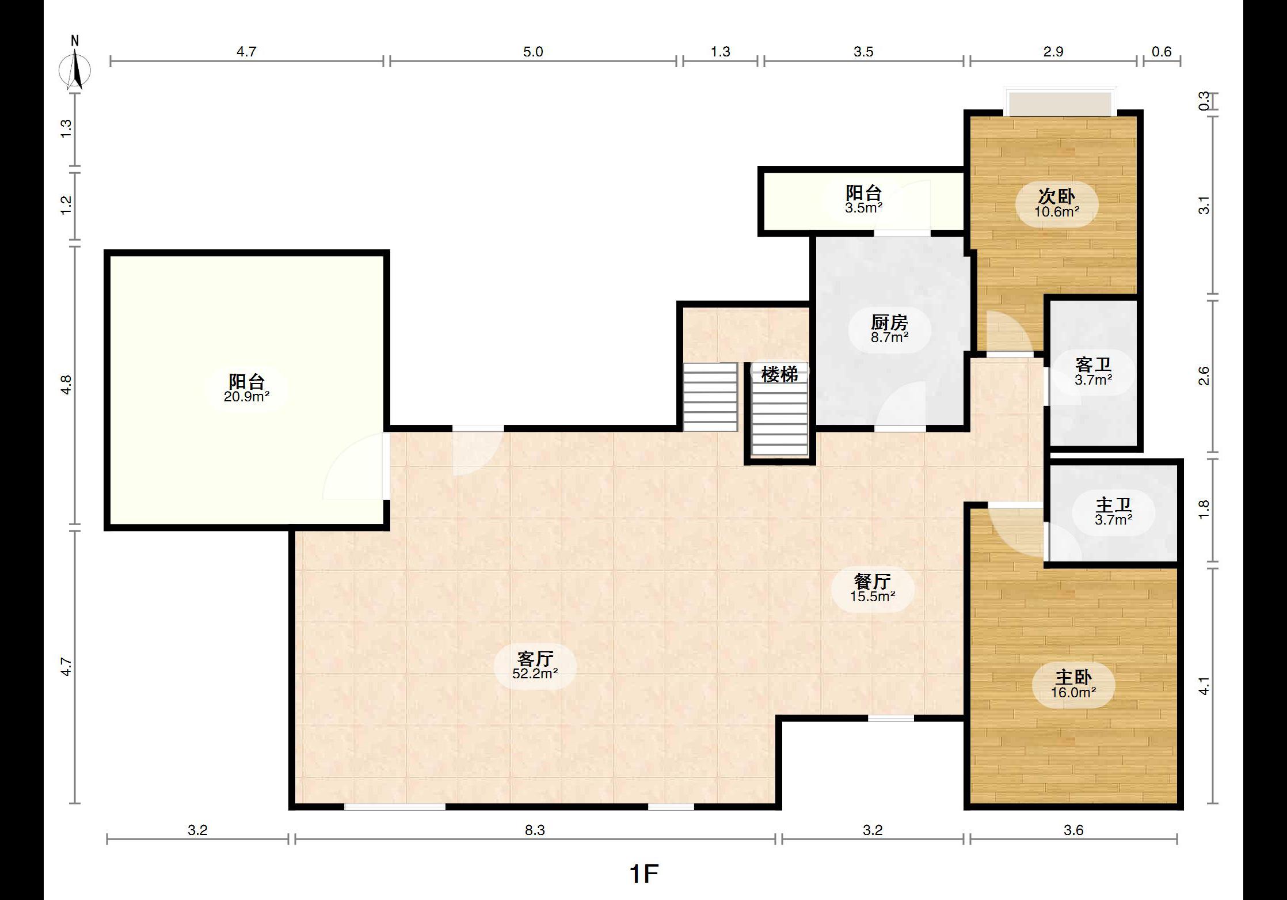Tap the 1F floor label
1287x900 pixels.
pyautogui.click(x=643, y=874)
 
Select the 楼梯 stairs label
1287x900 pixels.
pyautogui.click(x=779, y=374)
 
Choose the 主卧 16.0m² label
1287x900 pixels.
pyautogui.click(x=1073, y=684)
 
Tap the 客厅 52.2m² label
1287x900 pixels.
pyautogui.click(x=535, y=665)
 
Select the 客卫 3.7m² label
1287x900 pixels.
pyautogui.click(x=1093, y=371)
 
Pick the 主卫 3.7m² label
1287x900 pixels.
pyautogui.click(x=1114, y=512)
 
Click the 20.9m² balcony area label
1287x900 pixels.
pyautogui.click(x=247, y=396)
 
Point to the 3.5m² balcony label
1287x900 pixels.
pyautogui.click(x=864, y=208)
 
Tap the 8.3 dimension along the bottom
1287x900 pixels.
pyautogui.click(x=535, y=830)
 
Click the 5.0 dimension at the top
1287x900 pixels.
pyautogui.click(x=533, y=52)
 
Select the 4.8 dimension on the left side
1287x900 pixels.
pyautogui.click(x=67, y=385)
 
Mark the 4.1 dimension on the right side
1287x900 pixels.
pyautogui.click(x=1204, y=686)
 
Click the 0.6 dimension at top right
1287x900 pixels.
pyautogui.click(x=1162, y=52)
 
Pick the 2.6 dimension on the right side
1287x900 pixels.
pyautogui.click(x=1204, y=376)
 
